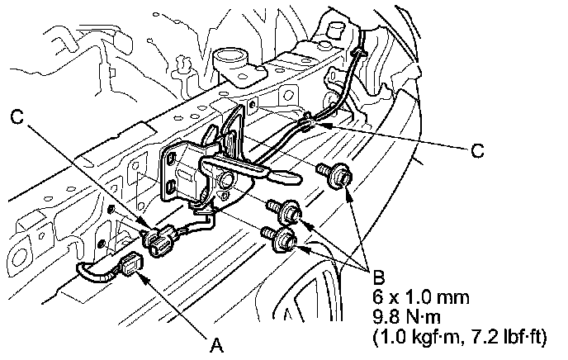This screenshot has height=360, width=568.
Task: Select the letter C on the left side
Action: [x=18, y=119]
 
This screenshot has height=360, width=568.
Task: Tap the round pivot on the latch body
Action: [x=226, y=180]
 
